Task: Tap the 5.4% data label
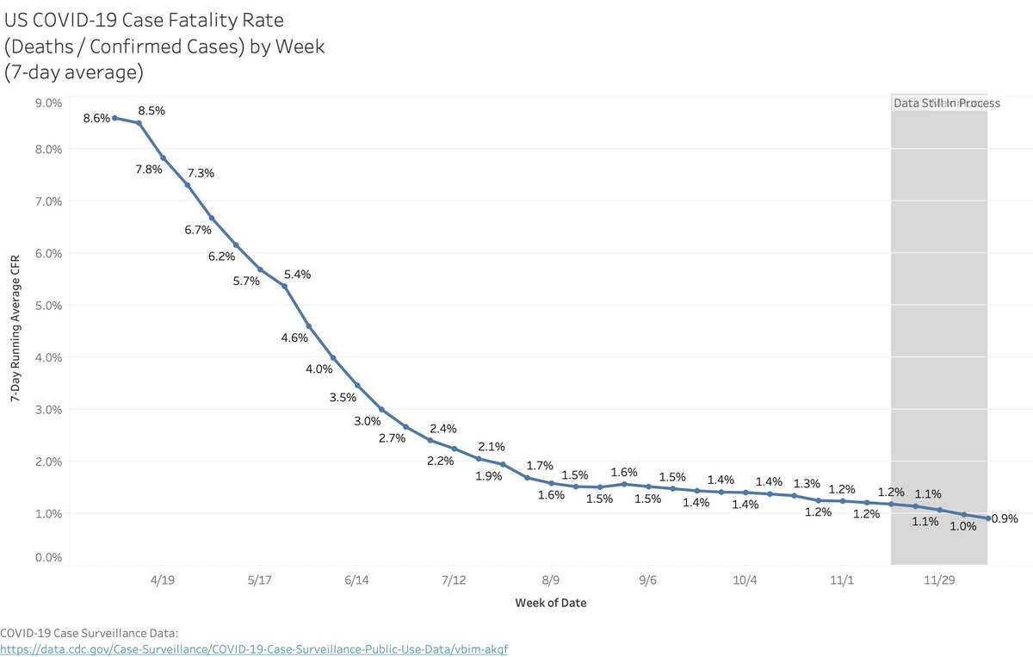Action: pyautogui.click(x=297, y=275)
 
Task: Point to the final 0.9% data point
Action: pyautogui.click(x=988, y=518)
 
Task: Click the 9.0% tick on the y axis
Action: pyautogui.click(x=47, y=103)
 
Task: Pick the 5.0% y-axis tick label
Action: pyautogui.click(x=47, y=305)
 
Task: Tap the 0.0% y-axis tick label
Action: pyautogui.click(x=47, y=558)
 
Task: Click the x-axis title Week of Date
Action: pyautogui.click(x=551, y=603)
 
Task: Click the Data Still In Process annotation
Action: pyautogui.click(x=946, y=103)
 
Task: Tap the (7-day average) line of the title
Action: pyautogui.click(x=73, y=72)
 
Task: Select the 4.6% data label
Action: pyautogui.click(x=294, y=338)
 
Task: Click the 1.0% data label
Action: pyautogui.click(x=962, y=527)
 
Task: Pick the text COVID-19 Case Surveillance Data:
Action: pyautogui.click(x=89, y=634)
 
